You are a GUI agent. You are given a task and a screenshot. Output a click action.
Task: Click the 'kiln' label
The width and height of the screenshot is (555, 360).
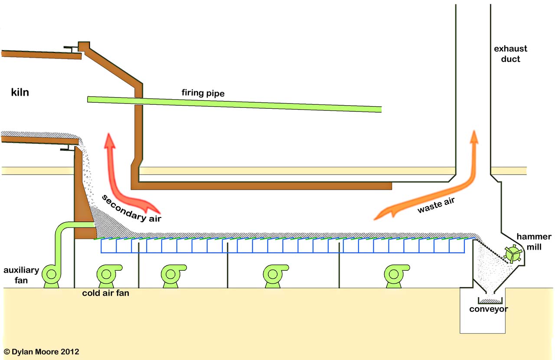20,92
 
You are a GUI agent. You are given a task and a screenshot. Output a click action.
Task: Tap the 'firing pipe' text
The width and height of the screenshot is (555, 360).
203,93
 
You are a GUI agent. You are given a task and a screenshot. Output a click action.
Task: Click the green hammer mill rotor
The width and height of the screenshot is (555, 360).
512,254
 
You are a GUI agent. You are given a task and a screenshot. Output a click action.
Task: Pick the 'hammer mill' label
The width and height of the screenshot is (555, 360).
534,242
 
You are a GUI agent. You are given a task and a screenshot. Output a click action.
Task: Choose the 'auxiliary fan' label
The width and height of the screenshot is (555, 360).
21,275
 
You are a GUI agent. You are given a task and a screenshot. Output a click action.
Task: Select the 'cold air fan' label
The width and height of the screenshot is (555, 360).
105,293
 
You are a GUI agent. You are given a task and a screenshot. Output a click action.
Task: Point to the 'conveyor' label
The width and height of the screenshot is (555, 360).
488,309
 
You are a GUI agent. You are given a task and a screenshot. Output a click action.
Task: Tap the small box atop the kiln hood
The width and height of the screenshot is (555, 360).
83,45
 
